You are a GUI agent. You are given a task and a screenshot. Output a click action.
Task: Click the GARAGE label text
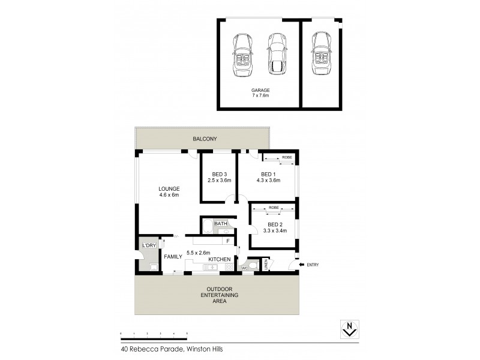[260, 90]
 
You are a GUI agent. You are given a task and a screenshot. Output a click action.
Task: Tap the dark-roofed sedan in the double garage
[277, 53]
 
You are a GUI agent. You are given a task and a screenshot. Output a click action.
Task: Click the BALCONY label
[204, 139]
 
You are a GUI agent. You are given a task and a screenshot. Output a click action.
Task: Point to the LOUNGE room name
[169, 188]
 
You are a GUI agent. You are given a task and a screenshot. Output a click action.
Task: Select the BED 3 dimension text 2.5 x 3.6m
[219, 180]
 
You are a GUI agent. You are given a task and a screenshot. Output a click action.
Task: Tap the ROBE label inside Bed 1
[287, 157]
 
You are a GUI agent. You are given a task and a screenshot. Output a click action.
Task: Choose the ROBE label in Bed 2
[274, 208]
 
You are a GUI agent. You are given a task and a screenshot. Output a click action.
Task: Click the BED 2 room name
[268, 226]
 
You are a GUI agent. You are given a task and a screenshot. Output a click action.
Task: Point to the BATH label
[221, 224]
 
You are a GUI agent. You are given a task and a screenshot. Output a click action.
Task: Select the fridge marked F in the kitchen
[228, 241]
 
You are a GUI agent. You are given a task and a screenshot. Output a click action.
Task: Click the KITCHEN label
[220, 259]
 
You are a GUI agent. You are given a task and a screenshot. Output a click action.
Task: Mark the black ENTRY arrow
[301, 264]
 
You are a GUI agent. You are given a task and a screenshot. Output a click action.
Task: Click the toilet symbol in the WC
[253, 264]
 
